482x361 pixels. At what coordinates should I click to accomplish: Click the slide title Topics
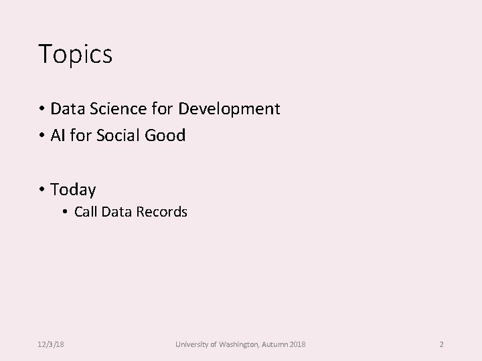[x=75, y=54]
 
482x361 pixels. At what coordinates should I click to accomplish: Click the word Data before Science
[x=66, y=108]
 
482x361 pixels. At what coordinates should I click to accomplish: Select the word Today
[x=73, y=190]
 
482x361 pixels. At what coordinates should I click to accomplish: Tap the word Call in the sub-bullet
[x=86, y=213]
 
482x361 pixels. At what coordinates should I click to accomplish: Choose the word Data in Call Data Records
[x=116, y=213]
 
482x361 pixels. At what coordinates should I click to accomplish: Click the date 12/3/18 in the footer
[x=51, y=344]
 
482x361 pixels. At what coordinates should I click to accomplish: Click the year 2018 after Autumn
[x=299, y=344]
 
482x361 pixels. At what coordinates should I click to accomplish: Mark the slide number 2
[x=441, y=344]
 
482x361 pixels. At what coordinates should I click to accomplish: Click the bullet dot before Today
[x=42, y=191]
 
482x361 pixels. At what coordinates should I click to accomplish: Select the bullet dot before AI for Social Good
[x=42, y=136]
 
